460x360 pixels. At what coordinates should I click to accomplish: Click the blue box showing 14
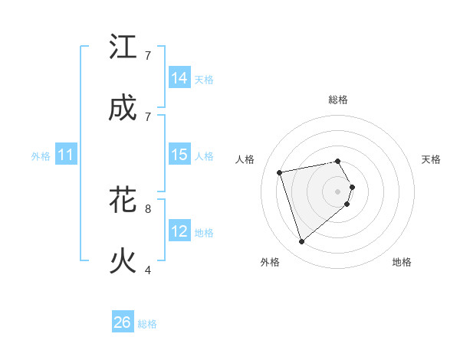179,78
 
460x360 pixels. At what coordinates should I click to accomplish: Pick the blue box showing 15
179,155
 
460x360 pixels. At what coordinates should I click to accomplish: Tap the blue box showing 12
179,231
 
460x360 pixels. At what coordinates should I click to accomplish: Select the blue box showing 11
66,155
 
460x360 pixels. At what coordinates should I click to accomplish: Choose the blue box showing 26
123,322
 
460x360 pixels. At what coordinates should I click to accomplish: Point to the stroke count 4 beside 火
148,270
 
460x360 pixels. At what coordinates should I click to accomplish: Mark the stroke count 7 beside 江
148,55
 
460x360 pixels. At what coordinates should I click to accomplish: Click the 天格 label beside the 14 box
204,80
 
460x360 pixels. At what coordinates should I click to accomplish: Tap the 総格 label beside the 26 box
147,324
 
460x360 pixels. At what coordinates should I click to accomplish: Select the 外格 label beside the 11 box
41,156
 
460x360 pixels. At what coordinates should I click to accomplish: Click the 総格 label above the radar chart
338,100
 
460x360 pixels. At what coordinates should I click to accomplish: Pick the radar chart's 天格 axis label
432,159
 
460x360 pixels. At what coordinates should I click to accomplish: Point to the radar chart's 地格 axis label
402,262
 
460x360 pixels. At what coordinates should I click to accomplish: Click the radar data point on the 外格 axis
302,242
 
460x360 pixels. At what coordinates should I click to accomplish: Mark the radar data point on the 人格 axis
281,172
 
